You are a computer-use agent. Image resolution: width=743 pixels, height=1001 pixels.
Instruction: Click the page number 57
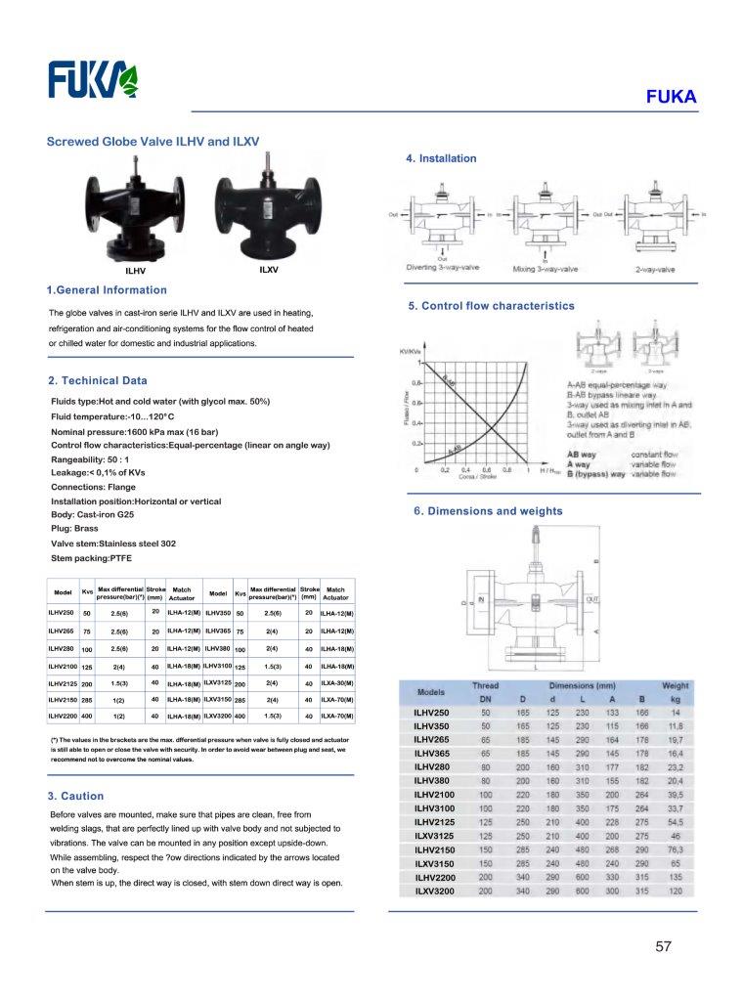pyautogui.click(x=665, y=946)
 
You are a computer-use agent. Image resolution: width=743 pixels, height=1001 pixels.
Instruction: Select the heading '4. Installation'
pyautogui.click(x=441, y=158)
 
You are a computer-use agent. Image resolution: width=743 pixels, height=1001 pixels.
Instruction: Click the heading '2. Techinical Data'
pyautogui.click(x=97, y=380)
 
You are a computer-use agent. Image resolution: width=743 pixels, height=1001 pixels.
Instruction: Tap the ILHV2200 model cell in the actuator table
pyautogui.click(x=63, y=717)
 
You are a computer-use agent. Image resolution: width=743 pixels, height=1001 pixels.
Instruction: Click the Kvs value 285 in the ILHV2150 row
pyautogui.click(x=87, y=701)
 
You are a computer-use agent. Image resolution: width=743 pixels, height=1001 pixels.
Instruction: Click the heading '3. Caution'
pyautogui.click(x=75, y=796)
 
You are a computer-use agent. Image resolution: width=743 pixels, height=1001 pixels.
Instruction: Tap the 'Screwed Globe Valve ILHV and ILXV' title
pyautogui.click(x=153, y=142)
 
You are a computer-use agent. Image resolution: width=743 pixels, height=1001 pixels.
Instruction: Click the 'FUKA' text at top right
pyautogui.click(x=671, y=97)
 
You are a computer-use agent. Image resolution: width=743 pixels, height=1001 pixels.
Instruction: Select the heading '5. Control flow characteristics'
pyautogui.click(x=491, y=306)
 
